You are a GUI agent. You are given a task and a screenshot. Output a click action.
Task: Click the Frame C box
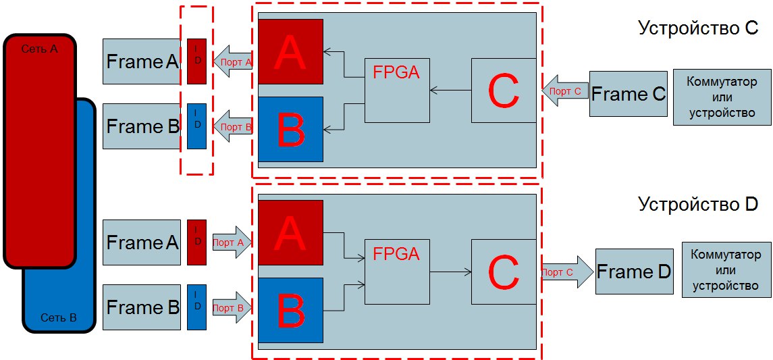coord(628,94)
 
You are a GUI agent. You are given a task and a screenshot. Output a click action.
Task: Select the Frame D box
coord(634,272)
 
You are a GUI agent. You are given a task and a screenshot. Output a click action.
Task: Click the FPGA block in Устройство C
coord(397,91)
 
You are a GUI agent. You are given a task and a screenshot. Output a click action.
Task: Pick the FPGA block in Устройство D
coord(397,272)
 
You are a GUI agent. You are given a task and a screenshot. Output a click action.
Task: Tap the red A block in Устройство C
coord(290,51)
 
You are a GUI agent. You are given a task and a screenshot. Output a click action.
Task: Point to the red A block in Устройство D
coord(290,233)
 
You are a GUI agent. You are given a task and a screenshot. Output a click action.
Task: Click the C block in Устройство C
coord(504,91)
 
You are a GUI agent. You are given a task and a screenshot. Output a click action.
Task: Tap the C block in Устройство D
coord(504,272)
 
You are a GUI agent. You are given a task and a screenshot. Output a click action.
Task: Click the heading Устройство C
coord(698,28)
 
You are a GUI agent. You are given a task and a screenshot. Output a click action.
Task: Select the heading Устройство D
coord(698,204)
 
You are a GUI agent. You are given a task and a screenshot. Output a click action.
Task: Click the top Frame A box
coord(142,61)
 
